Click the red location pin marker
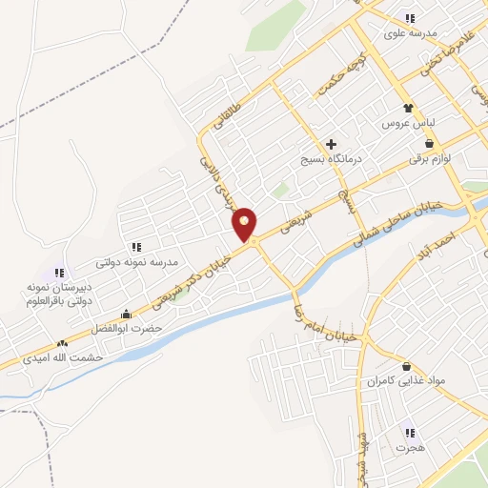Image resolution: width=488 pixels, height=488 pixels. (x=245, y=224)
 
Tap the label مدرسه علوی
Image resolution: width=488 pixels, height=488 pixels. (x=410, y=32)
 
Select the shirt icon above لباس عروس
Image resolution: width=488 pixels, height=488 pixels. (x=409, y=109)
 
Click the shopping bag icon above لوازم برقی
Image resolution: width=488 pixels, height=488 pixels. (x=429, y=143)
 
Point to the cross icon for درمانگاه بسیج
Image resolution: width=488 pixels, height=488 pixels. (x=331, y=145)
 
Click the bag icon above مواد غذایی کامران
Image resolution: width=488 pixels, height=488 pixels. (x=408, y=366)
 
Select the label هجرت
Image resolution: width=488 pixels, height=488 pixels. (x=410, y=446)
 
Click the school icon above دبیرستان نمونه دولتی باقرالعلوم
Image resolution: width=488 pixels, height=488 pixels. (x=59, y=273)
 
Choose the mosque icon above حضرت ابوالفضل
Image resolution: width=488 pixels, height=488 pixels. (x=126, y=315)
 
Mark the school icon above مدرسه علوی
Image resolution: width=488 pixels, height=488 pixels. (x=410, y=18)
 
